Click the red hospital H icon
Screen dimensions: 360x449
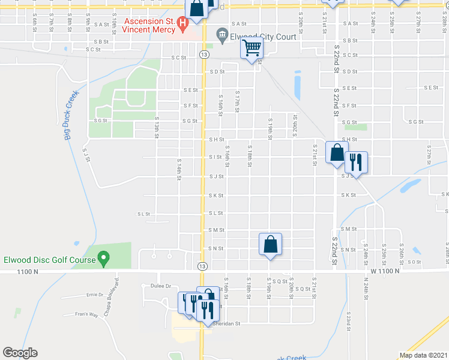tap(183, 23)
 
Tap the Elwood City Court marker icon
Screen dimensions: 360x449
tap(223, 35)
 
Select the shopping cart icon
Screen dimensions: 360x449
tap(252, 47)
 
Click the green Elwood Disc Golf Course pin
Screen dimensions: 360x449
tap(103, 260)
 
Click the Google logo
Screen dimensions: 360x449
tap(20, 353)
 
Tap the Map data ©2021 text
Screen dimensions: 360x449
tap(423, 355)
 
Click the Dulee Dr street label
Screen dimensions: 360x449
tap(161, 286)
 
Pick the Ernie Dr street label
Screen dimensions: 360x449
tap(94, 295)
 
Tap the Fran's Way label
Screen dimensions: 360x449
tap(86, 314)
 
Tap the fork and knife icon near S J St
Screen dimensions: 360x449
tap(356, 162)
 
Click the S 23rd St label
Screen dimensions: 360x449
tap(349, 321)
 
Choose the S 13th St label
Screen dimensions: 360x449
tap(158, 127)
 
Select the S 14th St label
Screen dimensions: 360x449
tap(179, 169)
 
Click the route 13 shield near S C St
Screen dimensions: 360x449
tap(205, 55)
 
